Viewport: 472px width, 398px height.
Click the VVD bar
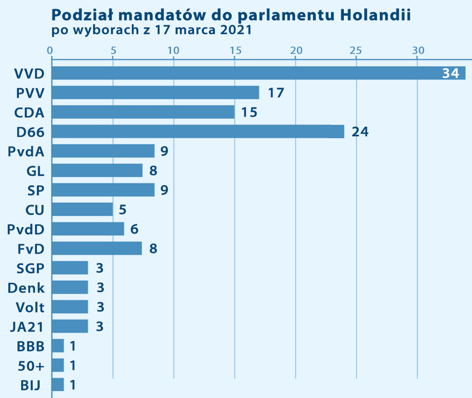point(258,73)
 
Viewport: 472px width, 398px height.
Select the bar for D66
point(198,131)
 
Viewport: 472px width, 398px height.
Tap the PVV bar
point(155,93)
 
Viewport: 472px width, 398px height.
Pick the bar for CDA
point(143,112)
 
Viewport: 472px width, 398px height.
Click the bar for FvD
point(97,248)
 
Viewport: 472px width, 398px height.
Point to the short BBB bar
point(58,346)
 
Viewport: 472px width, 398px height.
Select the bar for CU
point(82,209)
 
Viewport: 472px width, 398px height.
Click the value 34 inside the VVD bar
point(450,74)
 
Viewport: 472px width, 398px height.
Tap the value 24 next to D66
point(360,131)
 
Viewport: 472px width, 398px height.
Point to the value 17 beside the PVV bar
point(276,93)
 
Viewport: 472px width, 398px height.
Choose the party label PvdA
point(27,151)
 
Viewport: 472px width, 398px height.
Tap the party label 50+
point(31,366)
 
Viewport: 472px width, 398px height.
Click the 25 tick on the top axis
point(356,51)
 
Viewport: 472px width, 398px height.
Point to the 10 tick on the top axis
point(173,51)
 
